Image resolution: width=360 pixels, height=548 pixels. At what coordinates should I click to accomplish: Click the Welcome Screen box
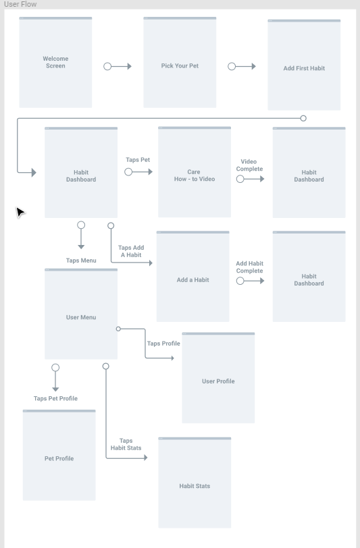coord(55,62)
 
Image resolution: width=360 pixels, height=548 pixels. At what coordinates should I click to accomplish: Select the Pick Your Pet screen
coord(180,62)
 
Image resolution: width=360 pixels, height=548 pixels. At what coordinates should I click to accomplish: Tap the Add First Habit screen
coord(304,65)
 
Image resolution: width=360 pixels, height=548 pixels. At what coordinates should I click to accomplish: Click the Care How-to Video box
coord(195,172)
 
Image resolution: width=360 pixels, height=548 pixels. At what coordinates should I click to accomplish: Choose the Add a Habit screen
coord(192,276)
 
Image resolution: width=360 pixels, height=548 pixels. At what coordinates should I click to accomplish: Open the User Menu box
coord(81,314)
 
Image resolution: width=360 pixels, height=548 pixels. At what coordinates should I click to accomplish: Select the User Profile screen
coord(218,378)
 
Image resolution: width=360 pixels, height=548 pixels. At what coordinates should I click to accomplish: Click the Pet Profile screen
coord(59,455)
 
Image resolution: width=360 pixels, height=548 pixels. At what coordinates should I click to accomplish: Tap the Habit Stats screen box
coord(195,483)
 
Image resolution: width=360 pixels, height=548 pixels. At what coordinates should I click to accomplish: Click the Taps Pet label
coord(138,160)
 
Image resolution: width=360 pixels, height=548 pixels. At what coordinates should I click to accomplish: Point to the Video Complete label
coord(249,165)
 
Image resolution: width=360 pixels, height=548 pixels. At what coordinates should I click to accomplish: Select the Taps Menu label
coord(81,261)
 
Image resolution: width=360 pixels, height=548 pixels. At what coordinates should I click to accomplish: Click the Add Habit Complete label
coord(249,267)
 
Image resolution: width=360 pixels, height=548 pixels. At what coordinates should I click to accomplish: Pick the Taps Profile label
coord(163,344)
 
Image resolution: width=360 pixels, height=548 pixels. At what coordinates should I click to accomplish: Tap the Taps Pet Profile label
coord(55,398)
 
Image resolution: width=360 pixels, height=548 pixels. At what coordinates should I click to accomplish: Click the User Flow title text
coord(20,4)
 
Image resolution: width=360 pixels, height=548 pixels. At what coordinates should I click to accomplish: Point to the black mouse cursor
coord(20,212)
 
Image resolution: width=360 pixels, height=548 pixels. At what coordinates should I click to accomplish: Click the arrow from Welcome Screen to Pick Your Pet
coord(118,66)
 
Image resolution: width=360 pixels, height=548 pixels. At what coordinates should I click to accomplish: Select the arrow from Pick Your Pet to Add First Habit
coord(242,66)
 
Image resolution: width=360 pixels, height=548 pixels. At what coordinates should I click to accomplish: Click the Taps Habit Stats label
coord(126,444)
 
